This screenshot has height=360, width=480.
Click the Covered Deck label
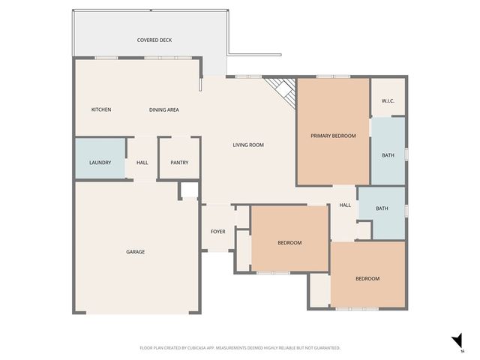point(154,40)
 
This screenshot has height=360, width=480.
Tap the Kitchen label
point(101,109)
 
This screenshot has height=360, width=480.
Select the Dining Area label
point(163,109)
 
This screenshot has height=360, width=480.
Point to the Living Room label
point(248,145)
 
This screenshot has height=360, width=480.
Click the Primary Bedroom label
point(333,136)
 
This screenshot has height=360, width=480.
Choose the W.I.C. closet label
point(388,100)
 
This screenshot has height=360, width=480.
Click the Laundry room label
point(100,163)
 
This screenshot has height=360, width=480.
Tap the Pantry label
point(179,163)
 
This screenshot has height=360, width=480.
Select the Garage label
point(135,251)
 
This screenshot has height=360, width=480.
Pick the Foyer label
point(217,232)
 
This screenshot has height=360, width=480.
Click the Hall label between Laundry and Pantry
point(142,163)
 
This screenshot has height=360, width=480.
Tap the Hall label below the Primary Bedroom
point(345,205)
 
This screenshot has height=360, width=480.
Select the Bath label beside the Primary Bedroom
point(388,155)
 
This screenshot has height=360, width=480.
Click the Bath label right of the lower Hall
point(382,208)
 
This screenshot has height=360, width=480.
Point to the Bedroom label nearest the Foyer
point(289,242)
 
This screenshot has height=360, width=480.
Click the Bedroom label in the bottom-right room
point(367,278)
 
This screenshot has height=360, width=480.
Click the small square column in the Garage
point(188,190)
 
